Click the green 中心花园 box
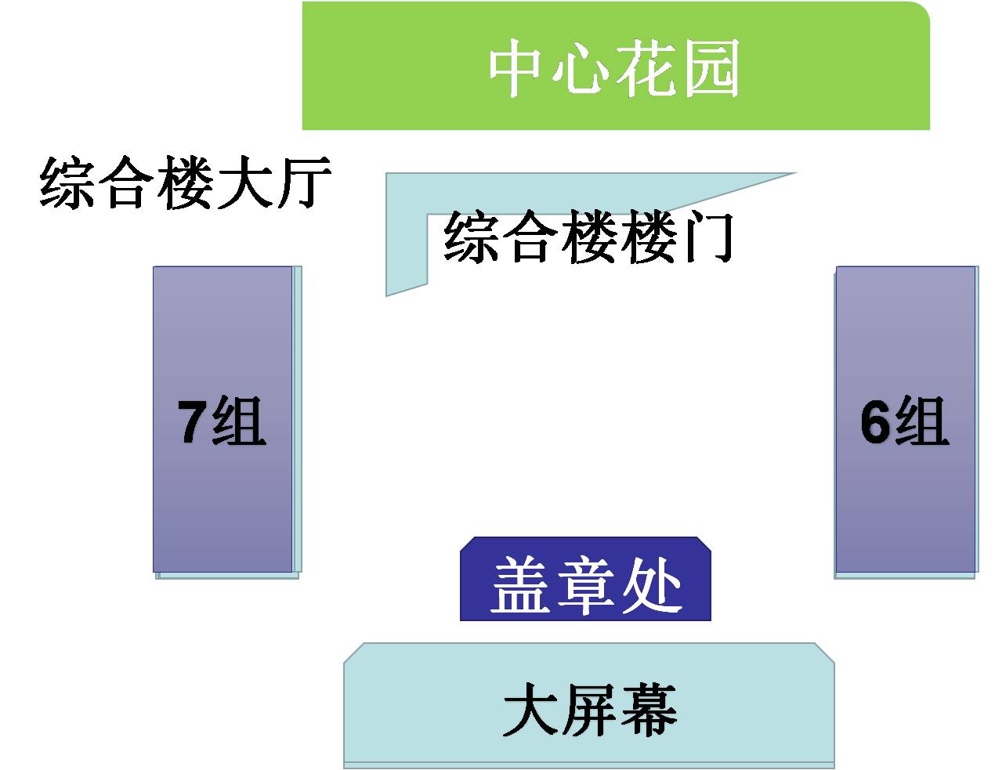[x=616, y=66]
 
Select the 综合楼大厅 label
[x=186, y=183]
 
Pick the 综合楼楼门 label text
[x=588, y=237]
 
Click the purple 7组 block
[x=223, y=419]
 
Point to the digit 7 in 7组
[x=193, y=421]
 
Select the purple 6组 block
[x=905, y=419]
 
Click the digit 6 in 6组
[x=876, y=421]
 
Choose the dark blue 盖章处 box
[x=585, y=579]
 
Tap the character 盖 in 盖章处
[x=521, y=585]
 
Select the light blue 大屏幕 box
[x=589, y=706]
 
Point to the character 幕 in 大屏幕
[x=649, y=709]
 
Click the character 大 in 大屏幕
[x=531, y=709]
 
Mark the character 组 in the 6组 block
[x=921, y=421]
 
